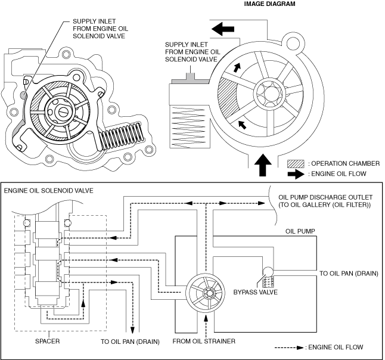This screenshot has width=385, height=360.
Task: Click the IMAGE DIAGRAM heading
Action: click(269, 4)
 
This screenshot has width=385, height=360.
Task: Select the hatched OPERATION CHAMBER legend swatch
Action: click(296, 163)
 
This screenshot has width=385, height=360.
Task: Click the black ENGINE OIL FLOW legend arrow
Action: click(296, 175)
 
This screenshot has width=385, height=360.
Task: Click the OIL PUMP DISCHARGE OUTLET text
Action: click(325, 197)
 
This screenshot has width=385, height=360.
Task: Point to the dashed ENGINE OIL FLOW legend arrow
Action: click(288, 347)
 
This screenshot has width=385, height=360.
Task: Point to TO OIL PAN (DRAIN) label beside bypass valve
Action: click(349, 274)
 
